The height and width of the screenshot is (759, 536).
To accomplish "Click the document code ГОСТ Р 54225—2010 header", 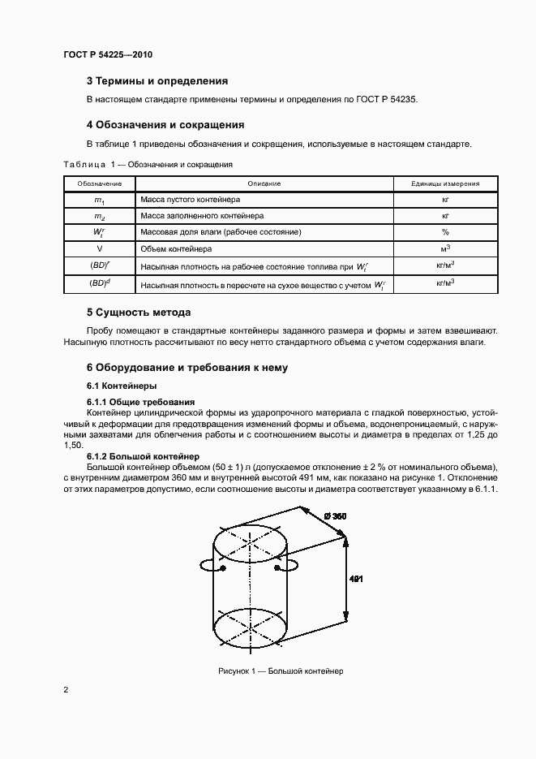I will click(108, 54).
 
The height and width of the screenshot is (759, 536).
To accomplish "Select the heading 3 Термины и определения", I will click(157, 81).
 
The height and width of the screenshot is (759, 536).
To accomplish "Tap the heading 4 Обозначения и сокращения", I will click(165, 125).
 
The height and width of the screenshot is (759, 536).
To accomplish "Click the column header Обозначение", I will click(99, 184).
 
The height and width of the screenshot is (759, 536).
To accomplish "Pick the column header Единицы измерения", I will click(445, 184).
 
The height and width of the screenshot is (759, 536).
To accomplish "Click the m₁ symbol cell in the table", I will click(99, 200).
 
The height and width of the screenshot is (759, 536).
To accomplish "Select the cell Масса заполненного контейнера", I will click(202, 216).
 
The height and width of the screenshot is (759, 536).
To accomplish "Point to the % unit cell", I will click(445, 232).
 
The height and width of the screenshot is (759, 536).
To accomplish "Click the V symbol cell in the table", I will click(99, 248).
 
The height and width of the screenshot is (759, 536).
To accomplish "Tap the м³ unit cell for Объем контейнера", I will click(445, 248).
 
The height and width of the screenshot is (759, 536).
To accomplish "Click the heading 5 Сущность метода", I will click(139, 312).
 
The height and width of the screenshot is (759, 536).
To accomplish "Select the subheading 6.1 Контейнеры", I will click(122, 385).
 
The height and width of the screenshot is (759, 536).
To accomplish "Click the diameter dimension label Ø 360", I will click(334, 516).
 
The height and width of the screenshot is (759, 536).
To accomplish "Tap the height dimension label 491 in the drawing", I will click(356, 579).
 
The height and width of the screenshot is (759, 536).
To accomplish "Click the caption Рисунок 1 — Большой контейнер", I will click(281, 671).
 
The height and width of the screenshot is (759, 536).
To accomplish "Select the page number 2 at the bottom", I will click(66, 690).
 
